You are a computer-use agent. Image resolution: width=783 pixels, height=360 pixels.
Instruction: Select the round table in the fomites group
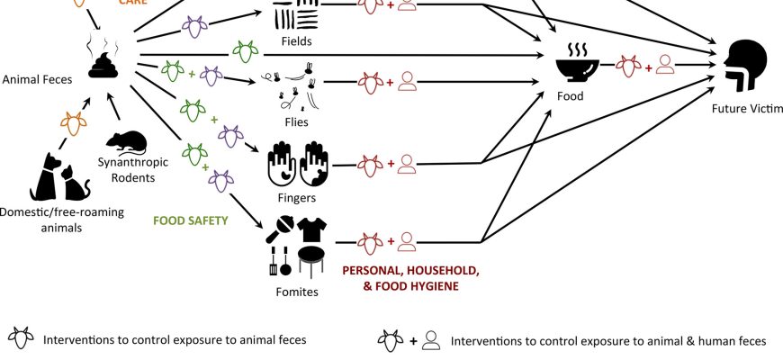tap(310, 260)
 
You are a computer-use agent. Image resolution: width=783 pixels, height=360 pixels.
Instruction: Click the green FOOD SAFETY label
tap(191, 220)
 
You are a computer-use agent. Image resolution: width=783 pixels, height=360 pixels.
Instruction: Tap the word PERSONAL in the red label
tap(370, 271)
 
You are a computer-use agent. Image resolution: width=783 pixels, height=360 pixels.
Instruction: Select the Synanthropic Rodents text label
tap(127, 169)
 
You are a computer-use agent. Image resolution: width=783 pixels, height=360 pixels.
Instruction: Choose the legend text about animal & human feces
tap(607, 341)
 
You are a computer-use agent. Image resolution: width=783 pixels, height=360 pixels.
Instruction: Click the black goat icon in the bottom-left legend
tap(20, 339)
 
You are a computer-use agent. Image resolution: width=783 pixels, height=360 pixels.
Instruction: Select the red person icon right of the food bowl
tap(665, 65)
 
